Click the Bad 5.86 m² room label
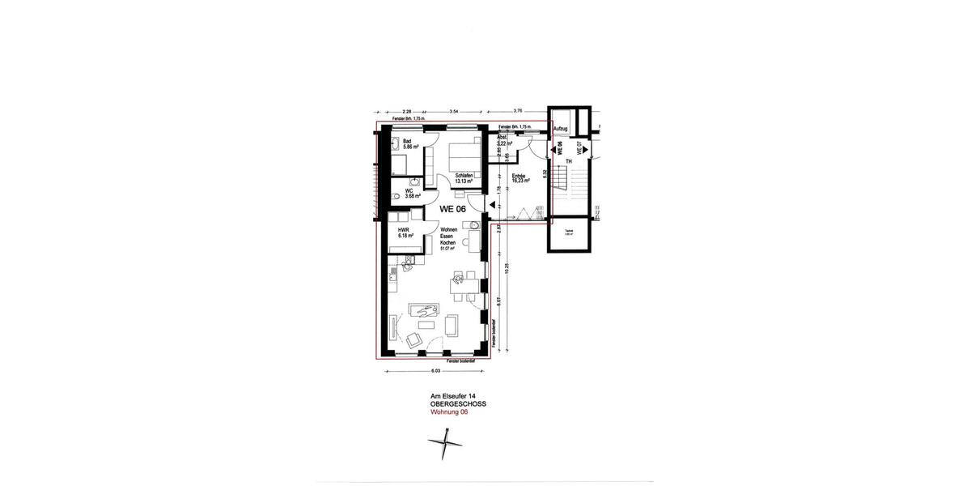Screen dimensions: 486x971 point(408,144)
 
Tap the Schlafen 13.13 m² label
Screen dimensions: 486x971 point(464,178)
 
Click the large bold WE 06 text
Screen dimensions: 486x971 point(452,208)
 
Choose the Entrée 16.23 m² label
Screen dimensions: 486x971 point(519,178)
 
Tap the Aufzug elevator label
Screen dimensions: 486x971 point(561,130)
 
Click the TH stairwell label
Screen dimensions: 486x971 point(569,161)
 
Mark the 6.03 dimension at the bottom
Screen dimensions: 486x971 point(435,371)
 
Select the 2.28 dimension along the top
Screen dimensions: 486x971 point(405,111)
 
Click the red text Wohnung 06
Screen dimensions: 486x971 point(449,411)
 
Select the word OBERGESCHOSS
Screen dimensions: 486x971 point(459,403)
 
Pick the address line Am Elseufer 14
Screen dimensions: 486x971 point(452,396)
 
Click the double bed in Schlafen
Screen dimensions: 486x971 point(458,154)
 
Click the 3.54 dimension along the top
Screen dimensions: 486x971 point(456,111)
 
